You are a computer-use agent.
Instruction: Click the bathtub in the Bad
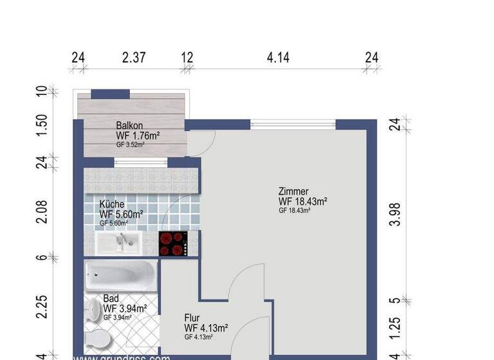[120, 276]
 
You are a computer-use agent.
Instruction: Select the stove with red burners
[174, 242]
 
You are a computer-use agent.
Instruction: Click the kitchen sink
[120, 242]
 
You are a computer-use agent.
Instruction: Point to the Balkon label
[129, 125]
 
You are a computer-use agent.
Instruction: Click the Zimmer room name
[293, 191]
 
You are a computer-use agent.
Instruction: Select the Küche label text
[113, 204]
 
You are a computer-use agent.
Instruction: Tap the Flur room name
[192, 318]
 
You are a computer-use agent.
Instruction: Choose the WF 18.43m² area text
[303, 201]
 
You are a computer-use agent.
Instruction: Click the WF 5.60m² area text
[122, 214]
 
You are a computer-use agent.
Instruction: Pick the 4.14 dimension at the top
[278, 58]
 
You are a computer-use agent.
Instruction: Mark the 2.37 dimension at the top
[134, 58]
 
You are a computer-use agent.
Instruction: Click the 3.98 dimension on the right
[395, 214]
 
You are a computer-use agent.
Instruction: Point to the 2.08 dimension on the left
[42, 211]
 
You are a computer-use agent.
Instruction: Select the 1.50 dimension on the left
[42, 125]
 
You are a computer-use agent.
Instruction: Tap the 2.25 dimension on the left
[42, 307]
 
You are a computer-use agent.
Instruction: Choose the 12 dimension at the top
[187, 58]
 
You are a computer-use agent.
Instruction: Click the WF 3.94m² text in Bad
[125, 309]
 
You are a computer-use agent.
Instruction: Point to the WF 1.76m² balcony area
[138, 136]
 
